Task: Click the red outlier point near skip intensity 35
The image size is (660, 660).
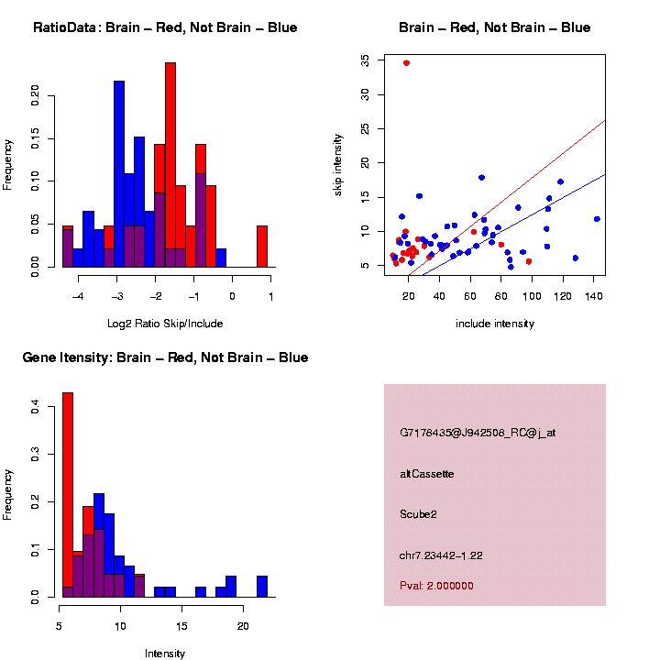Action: tap(406, 63)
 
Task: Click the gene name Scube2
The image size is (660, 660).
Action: tap(418, 514)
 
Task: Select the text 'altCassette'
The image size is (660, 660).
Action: tap(426, 474)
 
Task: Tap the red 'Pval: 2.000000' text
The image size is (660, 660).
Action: tap(436, 586)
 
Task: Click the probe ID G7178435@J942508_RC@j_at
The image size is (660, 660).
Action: tap(478, 433)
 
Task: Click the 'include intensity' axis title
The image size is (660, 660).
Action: tap(495, 324)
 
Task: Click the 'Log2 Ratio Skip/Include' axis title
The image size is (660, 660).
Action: tap(165, 323)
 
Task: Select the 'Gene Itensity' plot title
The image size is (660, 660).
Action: tap(165, 357)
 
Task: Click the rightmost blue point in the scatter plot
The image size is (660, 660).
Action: tap(597, 219)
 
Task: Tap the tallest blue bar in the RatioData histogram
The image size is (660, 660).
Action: tap(119, 174)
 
